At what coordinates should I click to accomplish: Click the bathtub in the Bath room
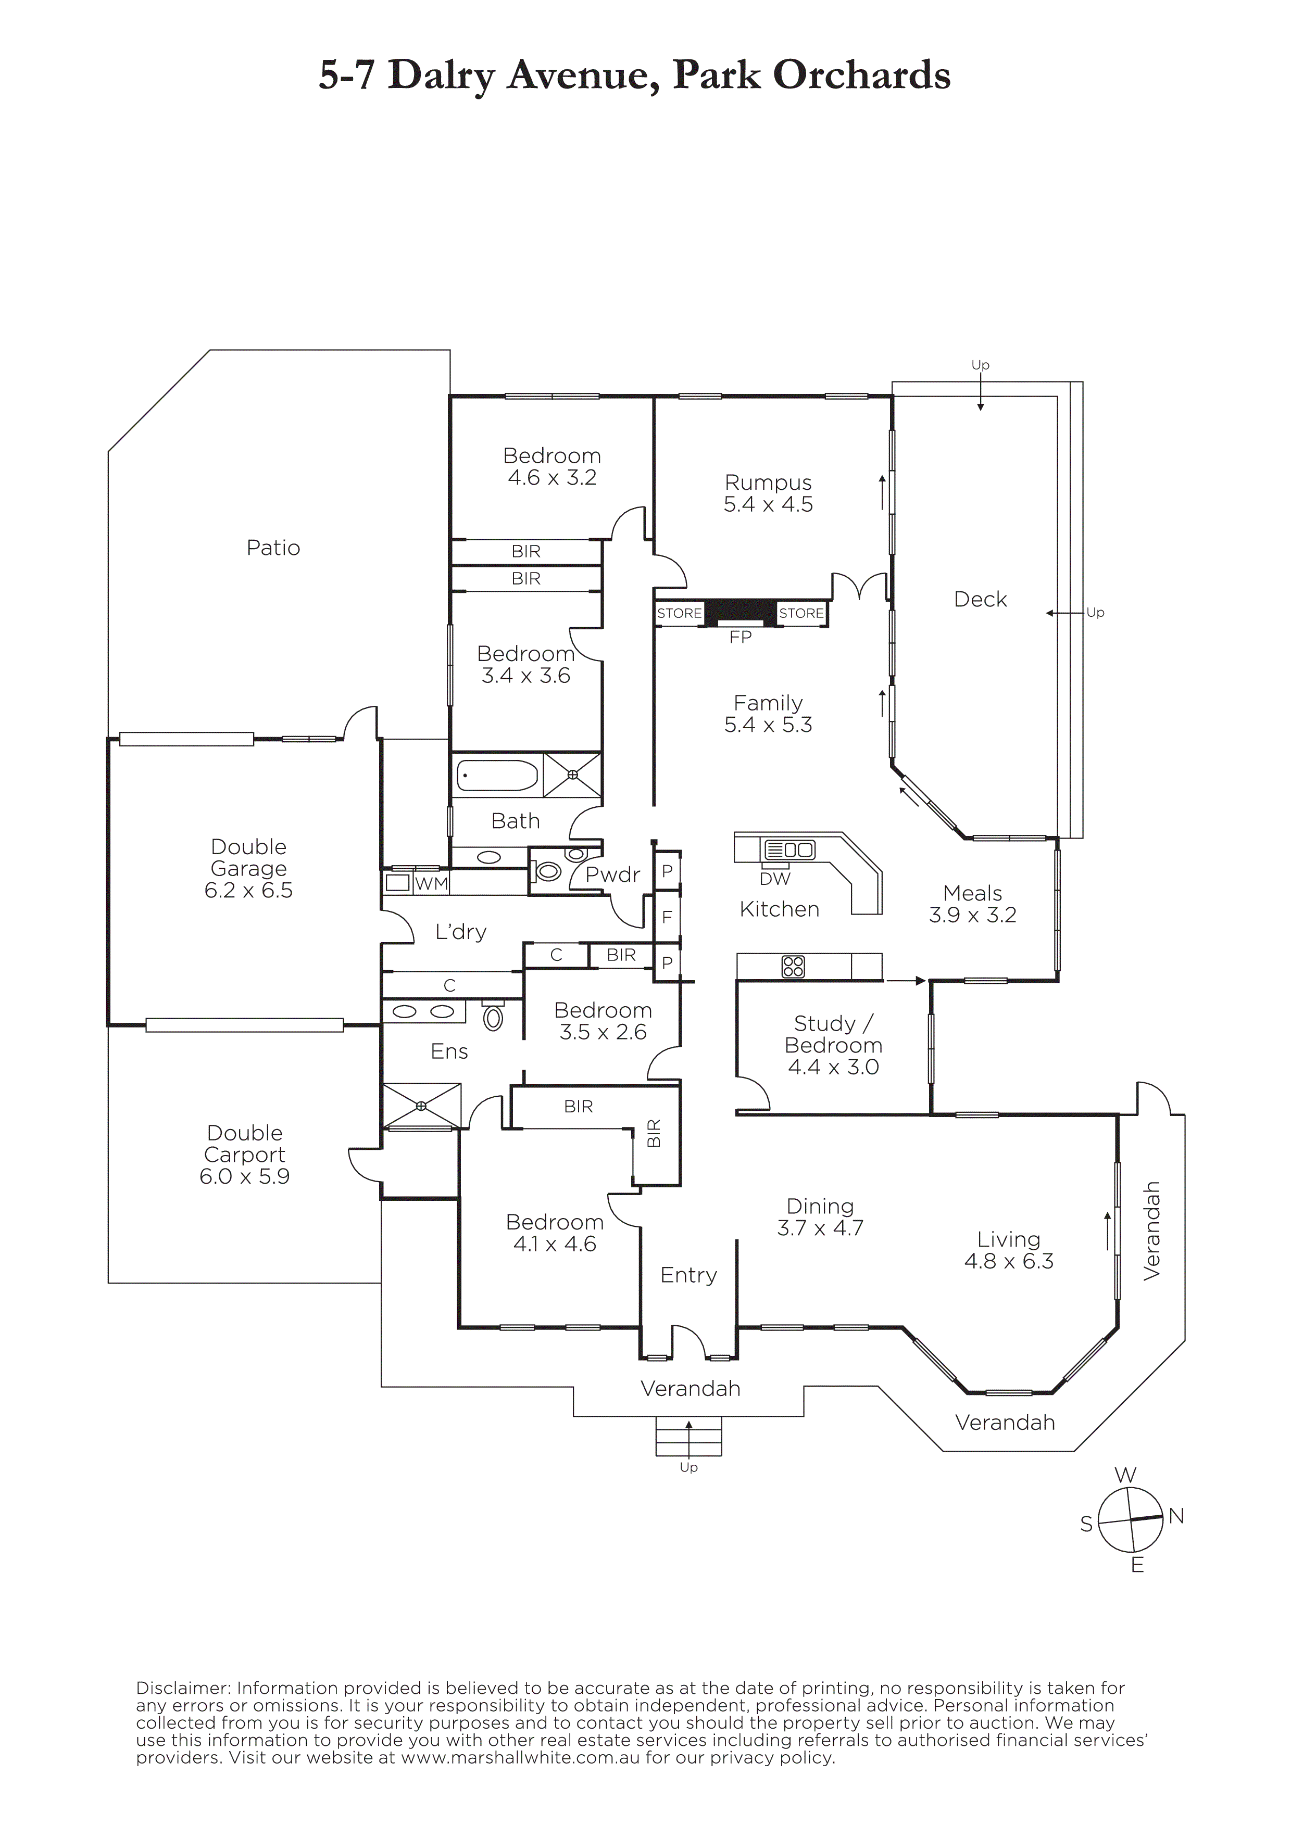[x=497, y=775]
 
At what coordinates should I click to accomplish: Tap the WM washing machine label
[x=431, y=883]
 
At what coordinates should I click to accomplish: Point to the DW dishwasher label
[x=775, y=879]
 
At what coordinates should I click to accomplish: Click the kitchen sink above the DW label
[x=789, y=850]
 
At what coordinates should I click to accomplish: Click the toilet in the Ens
[x=493, y=1017]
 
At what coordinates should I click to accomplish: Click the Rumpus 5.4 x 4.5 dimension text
[x=768, y=504]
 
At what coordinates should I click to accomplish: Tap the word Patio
[x=273, y=548]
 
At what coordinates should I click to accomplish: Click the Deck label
[x=980, y=600]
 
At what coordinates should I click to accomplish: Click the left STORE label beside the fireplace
[x=679, y=613]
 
